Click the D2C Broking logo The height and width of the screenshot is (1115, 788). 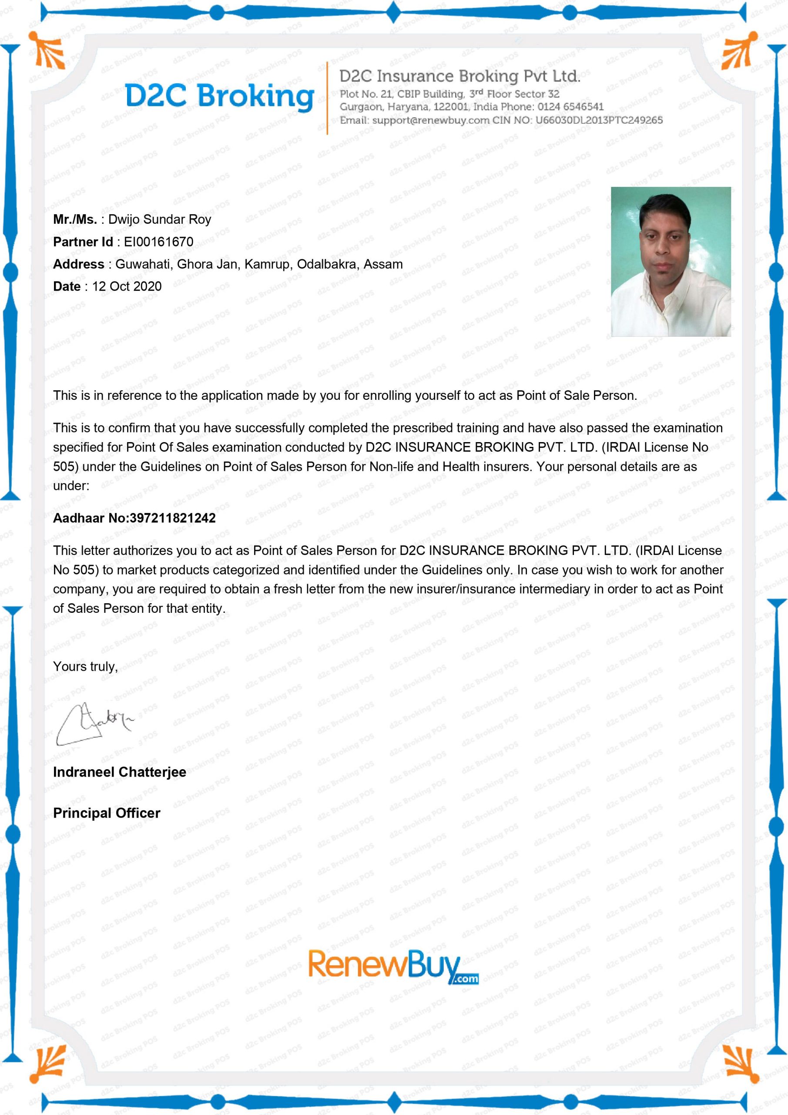[x=219, y=96]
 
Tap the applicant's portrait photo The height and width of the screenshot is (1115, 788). [x=670, y=261]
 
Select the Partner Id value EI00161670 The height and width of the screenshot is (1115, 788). [x=159, y=242]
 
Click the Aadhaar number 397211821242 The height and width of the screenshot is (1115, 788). [x=173, y=518]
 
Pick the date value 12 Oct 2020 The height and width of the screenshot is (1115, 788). [x=127, y=287]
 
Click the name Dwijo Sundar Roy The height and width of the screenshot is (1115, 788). [x=160, y=220]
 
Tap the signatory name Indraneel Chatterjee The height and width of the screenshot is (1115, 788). [x=119, y=772]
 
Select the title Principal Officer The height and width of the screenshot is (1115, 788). [x=106, y=813]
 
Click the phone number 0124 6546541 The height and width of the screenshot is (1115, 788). [x=570, y=107]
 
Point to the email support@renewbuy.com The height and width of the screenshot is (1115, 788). [x=431, y=121]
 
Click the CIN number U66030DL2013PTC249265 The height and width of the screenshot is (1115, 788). [x=599, y=121]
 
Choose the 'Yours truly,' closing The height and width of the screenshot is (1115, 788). [x=85, y=666]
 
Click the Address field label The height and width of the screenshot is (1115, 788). [x=78, y=264]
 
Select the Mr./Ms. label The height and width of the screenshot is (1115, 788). [x=75, y=220]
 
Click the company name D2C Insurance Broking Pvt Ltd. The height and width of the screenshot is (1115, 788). [x=459, y=76]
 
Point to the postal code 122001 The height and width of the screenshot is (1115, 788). [x=451, y=107]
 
